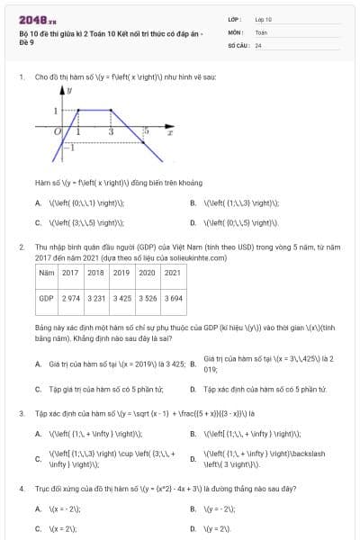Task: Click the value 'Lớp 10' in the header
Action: pyautogui.click(x=263, y=19)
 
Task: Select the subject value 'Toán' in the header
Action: pyautogui.click(x=261, y=31)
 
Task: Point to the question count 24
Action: pyautogui.click(x=258, y=44)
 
